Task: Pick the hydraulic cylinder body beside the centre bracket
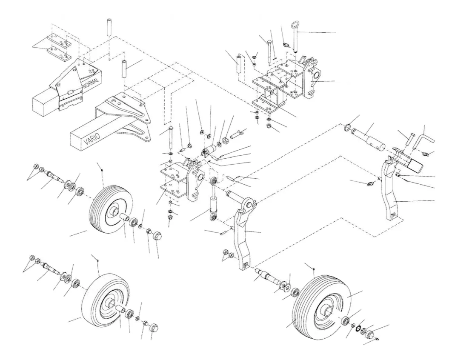click(214, 203)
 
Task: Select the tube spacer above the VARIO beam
click(125, 69)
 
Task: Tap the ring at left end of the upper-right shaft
click(347, 127)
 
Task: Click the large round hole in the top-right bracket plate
click(316, 75)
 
